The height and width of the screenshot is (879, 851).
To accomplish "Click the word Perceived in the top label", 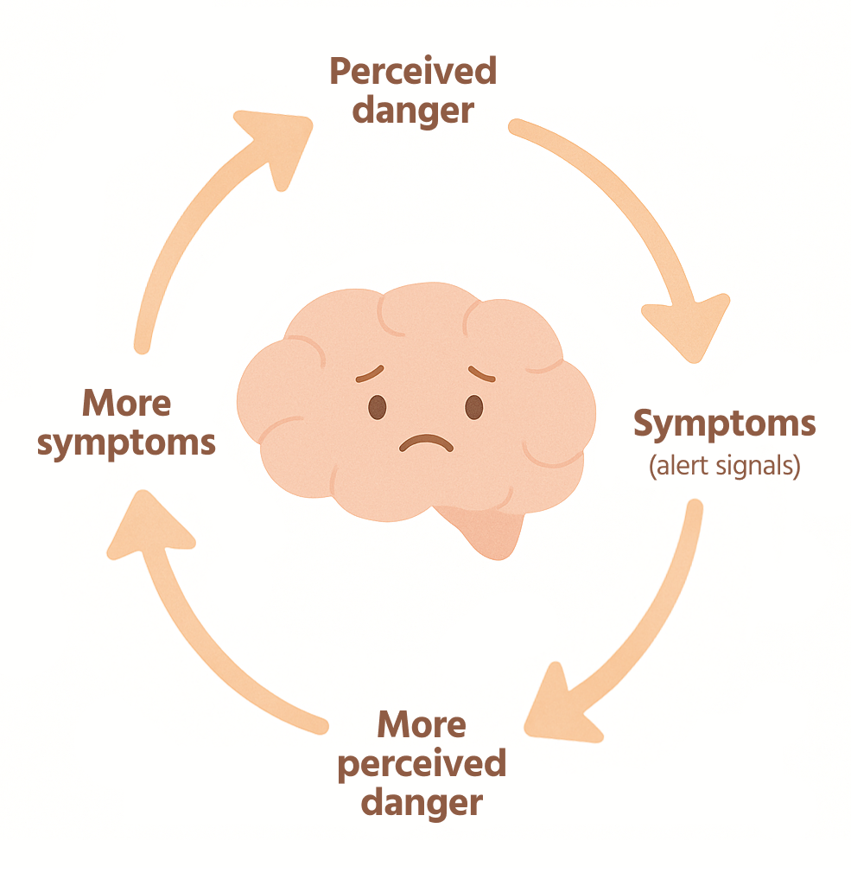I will point(413,72).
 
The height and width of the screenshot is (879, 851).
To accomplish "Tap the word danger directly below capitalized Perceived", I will point(413,111).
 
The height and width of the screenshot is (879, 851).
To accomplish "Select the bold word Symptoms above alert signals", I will point(724,424).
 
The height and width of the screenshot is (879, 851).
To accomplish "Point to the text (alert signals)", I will point(724,466).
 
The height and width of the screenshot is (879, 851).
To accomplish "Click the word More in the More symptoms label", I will point(126,403).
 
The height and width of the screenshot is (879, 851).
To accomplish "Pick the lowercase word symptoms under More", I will point(126,443).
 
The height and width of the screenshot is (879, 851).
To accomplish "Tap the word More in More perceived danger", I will point(421,724).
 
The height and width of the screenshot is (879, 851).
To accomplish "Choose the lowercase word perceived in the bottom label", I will point(421,763).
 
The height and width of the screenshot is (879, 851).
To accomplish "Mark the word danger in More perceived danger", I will point(421,802).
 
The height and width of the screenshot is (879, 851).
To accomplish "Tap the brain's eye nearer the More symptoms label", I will point(378,407).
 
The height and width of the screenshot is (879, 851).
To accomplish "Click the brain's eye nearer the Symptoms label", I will point(474,407).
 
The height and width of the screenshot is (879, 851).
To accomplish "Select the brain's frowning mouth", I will point(425,444).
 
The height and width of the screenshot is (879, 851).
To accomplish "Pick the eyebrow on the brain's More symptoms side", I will point(370,374).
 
